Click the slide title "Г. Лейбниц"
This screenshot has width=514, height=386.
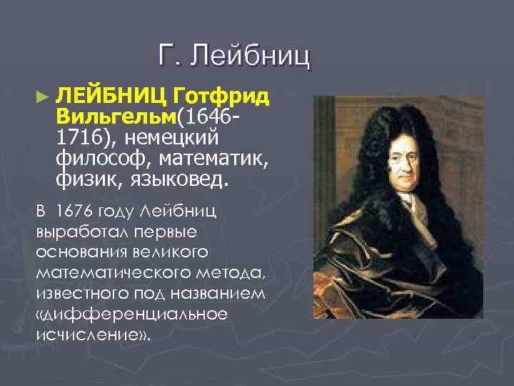coord(235,56)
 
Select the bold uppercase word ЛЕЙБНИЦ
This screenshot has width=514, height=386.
coord(111,95)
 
